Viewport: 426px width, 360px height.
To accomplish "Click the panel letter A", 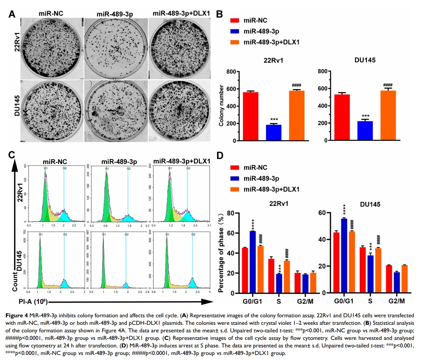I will coord(13,13).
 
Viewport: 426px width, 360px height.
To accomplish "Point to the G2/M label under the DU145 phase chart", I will coord(396,301).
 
